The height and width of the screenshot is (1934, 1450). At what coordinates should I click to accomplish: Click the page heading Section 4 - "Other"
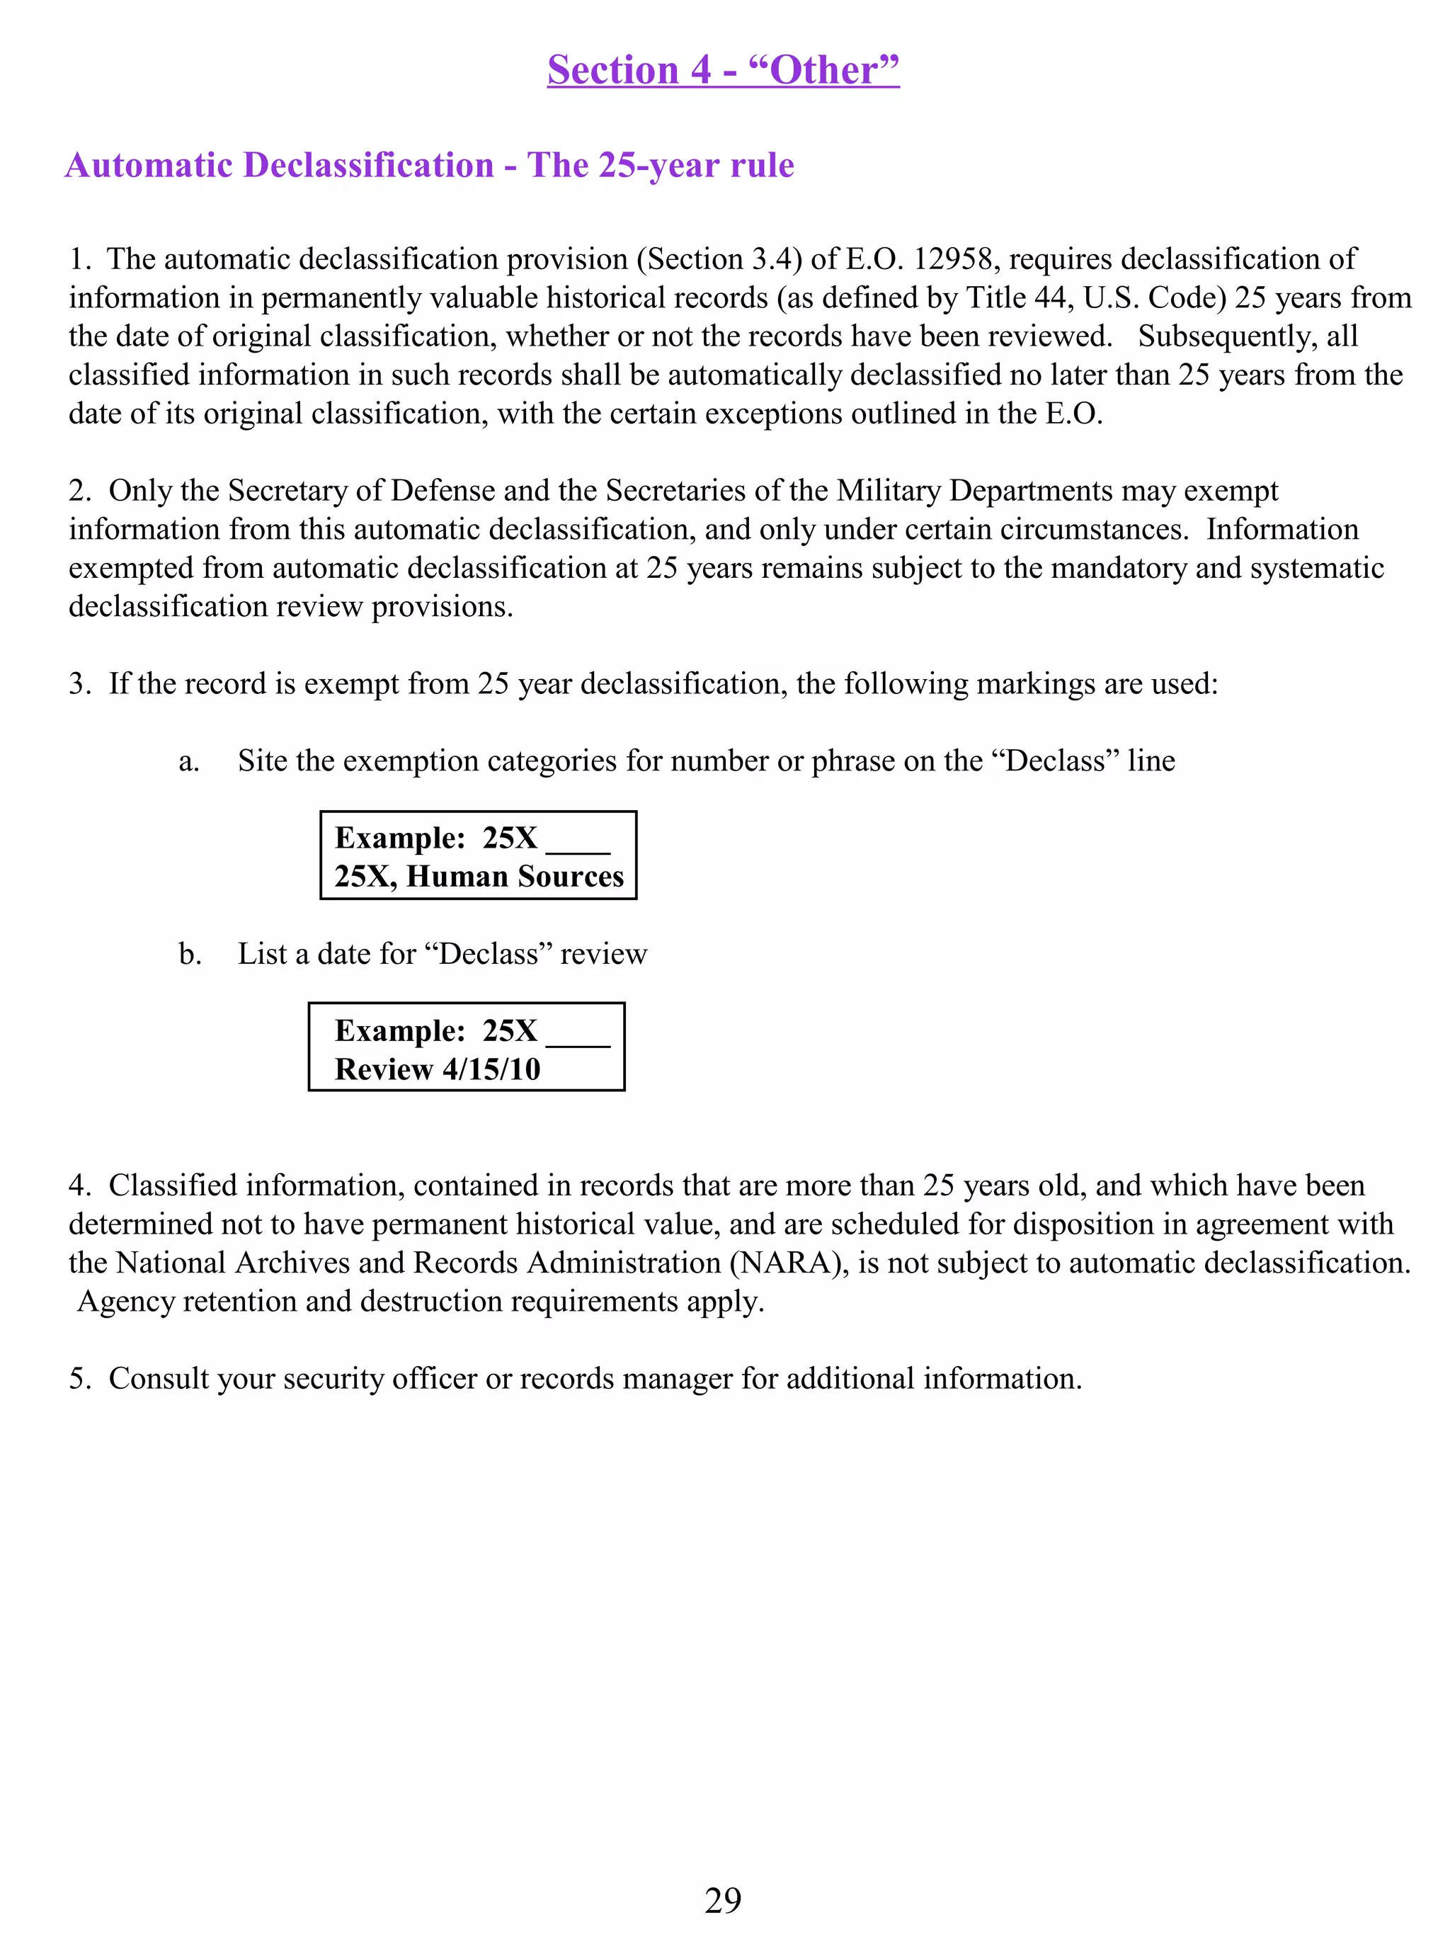pyautogui.click(x=723, y=70)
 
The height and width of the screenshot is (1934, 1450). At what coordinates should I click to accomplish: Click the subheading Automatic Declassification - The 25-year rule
pyautogui.click(x=429, y=165)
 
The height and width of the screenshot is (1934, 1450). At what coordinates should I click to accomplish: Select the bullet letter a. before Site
pyautogui.click(x=189, y=761)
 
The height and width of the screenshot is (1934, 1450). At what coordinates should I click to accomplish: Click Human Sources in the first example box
pyautogui.click(x=515, y=876)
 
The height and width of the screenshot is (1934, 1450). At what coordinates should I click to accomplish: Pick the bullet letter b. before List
pyautogui.click(x=190, y=954)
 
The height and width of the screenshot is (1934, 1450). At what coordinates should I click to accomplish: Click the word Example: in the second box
pyautogui.click(x=399, y=1031)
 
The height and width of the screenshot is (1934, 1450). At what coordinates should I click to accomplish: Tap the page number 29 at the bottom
pyautogui.click(x=723, y=1901)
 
